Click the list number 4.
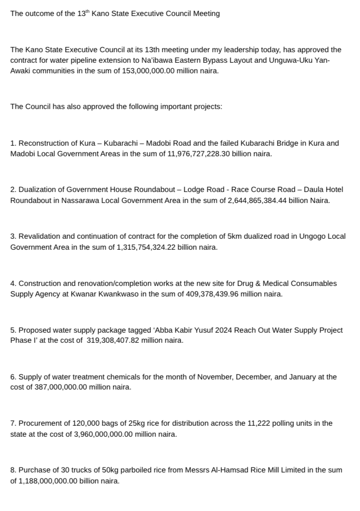pos(12,283)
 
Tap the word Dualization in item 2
pos(37,190)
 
